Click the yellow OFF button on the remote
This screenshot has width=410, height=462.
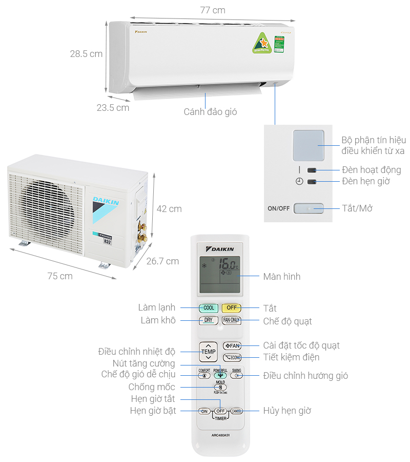click(x=232, y=308)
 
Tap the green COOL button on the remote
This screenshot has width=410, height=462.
click(x=209, y=308)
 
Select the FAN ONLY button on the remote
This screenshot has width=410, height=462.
click(x=232, y=320)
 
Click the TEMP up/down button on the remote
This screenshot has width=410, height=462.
click(x=208, y=352)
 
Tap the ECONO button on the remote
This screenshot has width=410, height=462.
click(x=232, y=358)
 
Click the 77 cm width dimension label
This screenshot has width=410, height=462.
click(x=212, y=10)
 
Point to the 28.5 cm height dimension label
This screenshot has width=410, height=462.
click(x=86, y=54)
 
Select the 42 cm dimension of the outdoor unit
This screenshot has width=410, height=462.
click(x=169, y=209)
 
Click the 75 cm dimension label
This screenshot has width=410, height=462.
click(x=60, y=276)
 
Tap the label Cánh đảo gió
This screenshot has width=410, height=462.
click(x=210, y=111)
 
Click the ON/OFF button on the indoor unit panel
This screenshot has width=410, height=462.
click(x=308, y=208)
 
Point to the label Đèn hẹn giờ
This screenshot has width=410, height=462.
click(x=366, y=181)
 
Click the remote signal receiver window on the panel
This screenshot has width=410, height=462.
click(x=308, y=145)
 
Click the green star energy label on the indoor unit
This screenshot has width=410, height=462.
click(x=261, y=43)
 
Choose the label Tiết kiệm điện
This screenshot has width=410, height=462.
click(x=291, y=357)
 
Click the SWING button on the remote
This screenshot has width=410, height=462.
click(x=237, y=375)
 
